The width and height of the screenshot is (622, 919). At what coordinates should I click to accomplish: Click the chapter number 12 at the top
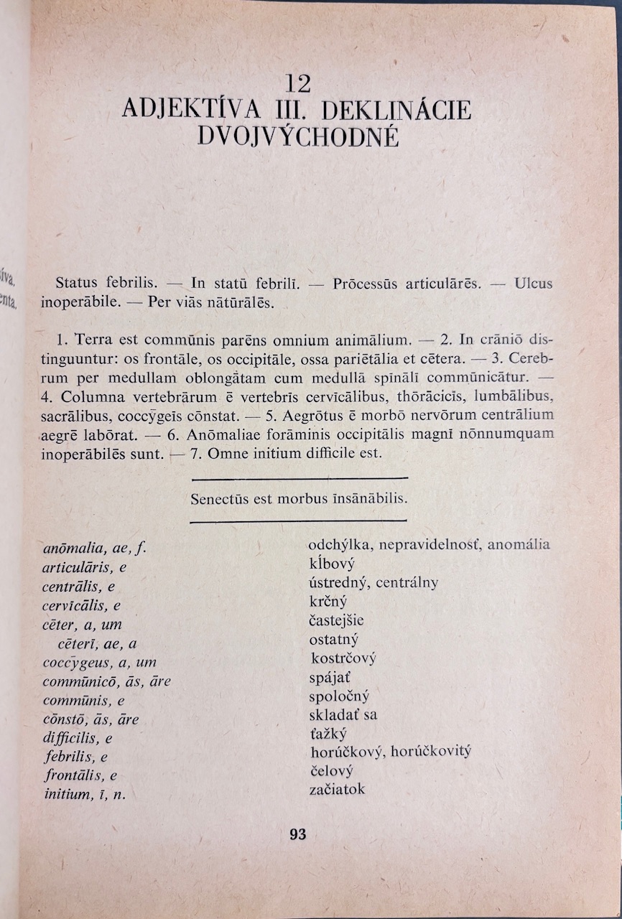click(x=297, y=84)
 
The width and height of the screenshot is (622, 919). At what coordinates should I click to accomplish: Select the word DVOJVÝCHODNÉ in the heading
click(x=297, y=136)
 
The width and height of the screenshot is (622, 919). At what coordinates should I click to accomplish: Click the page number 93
click(x=297, y=834)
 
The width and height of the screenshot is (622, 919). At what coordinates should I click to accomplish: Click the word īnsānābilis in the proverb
click(x=367, y=499)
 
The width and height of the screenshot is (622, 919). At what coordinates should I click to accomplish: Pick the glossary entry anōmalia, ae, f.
click(x=94, y=549)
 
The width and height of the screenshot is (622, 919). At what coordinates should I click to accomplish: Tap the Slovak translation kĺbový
click(x=332, y=564)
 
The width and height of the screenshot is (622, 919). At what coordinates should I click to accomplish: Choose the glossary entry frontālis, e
click(x=80, y=775)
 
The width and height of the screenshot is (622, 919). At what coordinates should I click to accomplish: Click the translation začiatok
click(x=337, y=789)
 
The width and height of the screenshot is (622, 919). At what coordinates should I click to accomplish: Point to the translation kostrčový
click(x=343, y=658)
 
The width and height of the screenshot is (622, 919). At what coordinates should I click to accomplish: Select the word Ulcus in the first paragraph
click(x=534, y=284)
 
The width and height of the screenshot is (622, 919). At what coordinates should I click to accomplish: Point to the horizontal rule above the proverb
click(x=300, y=478)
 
